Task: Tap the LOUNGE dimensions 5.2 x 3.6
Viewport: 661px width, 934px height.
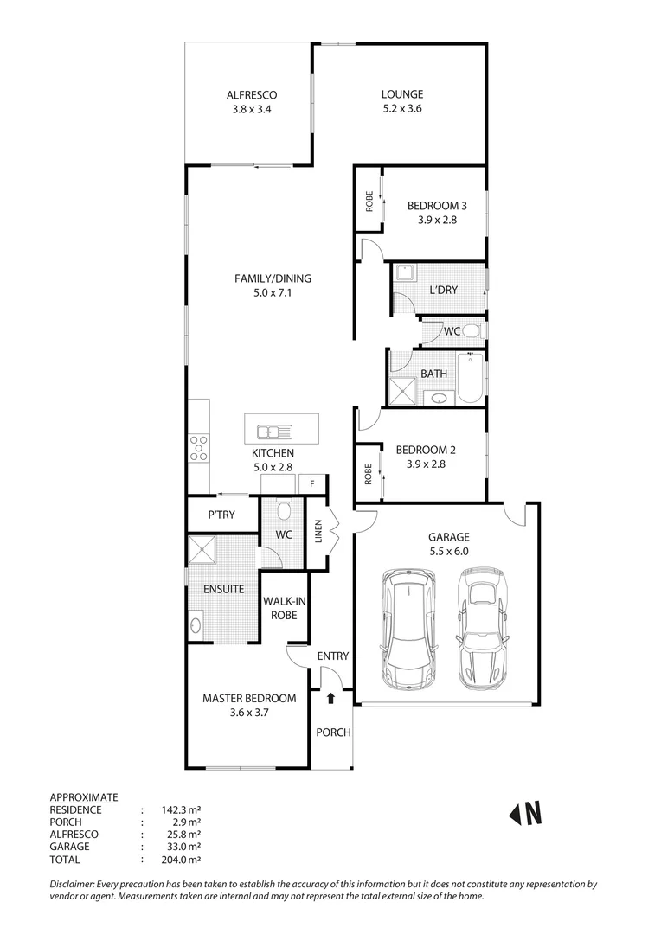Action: [402, 109]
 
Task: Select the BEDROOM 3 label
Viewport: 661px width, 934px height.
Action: [437, 206]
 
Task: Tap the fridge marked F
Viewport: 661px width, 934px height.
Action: [312, 484]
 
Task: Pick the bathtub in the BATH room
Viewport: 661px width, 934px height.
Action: [472, 379]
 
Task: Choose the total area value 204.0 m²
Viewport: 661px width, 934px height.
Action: [181, 860]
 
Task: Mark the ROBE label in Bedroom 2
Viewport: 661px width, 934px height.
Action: [368, 473]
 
